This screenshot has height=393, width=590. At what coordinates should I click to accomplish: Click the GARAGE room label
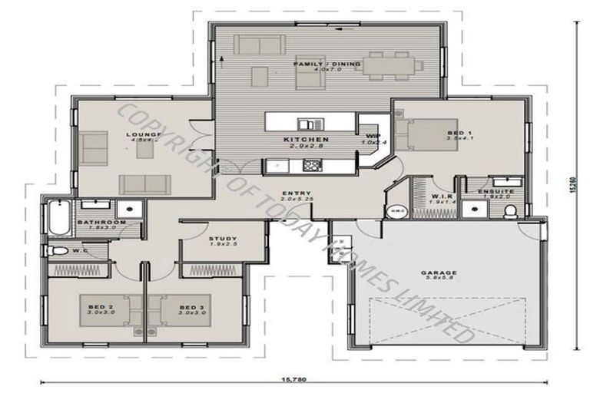pos(439,272)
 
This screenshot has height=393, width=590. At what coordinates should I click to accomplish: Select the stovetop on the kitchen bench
pos(313,164)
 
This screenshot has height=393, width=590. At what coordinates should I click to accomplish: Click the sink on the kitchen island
pos(307,124)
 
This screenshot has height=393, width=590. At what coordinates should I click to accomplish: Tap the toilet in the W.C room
pos(56,251)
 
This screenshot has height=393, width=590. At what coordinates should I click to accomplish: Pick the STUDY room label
pos(223,239)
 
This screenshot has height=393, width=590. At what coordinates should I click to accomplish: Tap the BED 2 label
pos(101,307)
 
